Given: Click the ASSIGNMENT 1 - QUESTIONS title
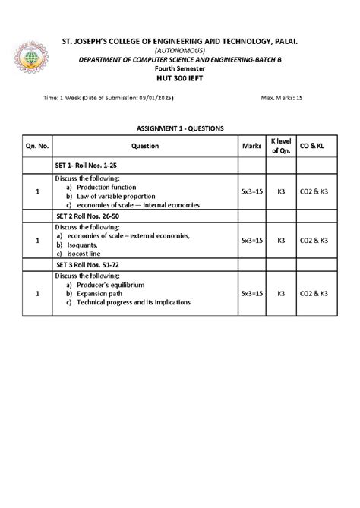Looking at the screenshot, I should pyautogui.click(x=180, y=128).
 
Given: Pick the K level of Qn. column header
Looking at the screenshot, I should pyautogui.click(x=280, y=145).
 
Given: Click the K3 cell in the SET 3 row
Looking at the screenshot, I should pyautogui.click(x=280, y=292).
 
